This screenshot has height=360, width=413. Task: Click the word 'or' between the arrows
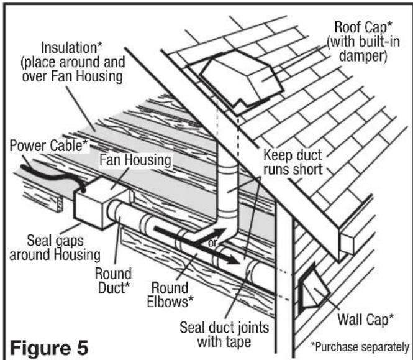coord(212,242)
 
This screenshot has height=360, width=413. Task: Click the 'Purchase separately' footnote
coord(360,346)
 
